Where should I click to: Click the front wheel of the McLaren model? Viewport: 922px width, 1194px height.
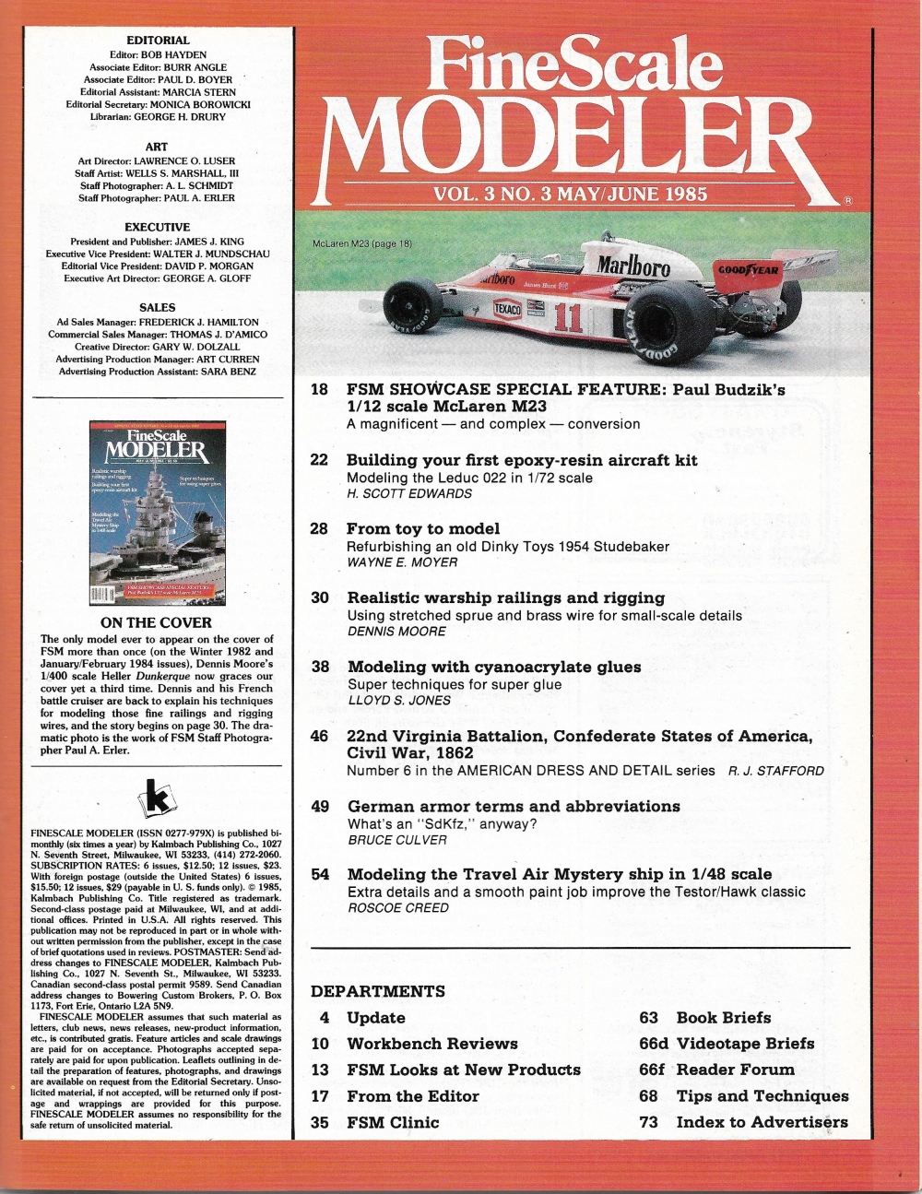(413, 308)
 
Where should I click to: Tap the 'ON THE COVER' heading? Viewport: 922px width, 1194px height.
(156, 622)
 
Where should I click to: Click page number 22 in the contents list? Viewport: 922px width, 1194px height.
(320, 459)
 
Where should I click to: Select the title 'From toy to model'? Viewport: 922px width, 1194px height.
(423, 528)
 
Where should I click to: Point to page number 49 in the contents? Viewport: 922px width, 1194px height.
(320, 806)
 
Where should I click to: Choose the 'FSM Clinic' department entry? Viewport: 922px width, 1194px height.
(393, 1122)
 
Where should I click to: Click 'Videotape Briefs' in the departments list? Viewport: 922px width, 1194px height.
(745, 1043)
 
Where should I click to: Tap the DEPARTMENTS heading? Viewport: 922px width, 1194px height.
(378, 991)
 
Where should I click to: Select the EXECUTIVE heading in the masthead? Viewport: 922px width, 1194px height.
(158, 227)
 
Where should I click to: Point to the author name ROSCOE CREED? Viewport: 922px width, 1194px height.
(398, 907)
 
